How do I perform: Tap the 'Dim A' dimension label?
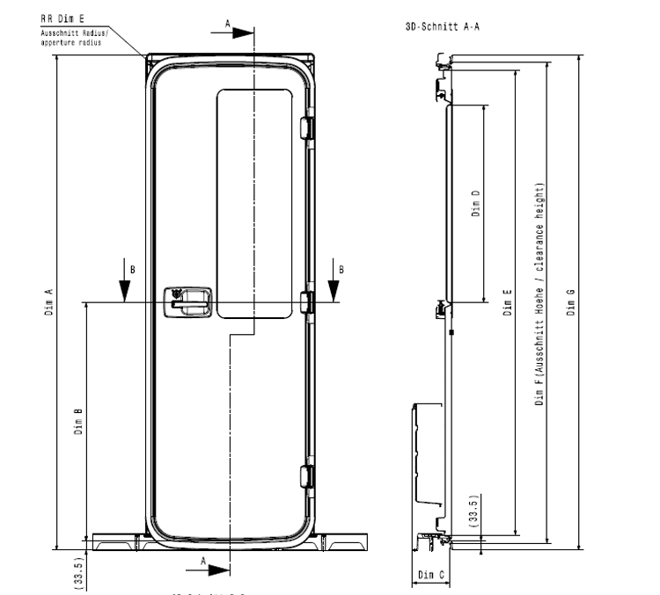pos(49,303)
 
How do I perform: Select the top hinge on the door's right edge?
pos(306,128)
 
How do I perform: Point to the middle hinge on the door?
pos(306,301)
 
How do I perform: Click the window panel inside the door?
pos(255,202)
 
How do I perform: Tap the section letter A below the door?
pos(204,560)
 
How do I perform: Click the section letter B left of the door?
pos(133,268)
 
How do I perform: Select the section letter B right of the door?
pos(341,268)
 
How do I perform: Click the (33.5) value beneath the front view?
pos(78,569)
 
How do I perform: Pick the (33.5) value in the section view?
pos(475,510)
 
